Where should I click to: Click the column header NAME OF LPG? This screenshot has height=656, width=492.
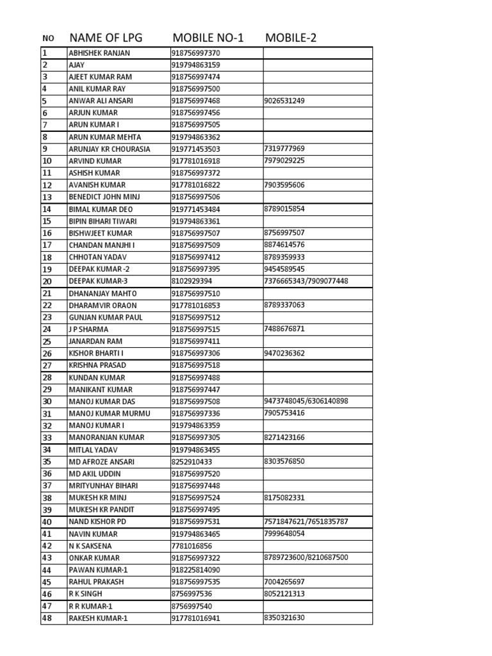click(110, 38)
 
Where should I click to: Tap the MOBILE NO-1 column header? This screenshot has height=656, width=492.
click(208, 38)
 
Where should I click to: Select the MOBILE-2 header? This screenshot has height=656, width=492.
click(291, 38)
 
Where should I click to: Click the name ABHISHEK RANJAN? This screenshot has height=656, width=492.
click(99, 53)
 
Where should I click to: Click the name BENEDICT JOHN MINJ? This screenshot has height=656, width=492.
click(104, 197)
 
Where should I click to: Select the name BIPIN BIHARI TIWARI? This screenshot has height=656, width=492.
click(102, 221)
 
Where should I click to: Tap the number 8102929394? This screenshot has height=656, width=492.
click(192, 281)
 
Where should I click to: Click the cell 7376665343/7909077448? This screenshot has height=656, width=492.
click(306, 281)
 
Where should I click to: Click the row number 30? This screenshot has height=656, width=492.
click(47, 402)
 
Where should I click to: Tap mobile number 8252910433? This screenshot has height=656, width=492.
click(192, 461)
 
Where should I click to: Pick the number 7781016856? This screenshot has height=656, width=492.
click(192, 546)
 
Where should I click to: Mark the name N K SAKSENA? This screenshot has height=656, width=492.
click(90, 546)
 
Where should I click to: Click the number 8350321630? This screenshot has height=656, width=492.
click(284, 618)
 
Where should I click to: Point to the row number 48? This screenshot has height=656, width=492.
click(47, 618)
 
